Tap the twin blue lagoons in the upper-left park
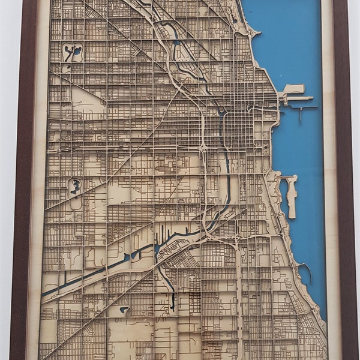(x=73, y=53)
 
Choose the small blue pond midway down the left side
(x=76, y=187)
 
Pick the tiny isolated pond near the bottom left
(x=124, y=310)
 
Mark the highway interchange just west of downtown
(x=204, y=148)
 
